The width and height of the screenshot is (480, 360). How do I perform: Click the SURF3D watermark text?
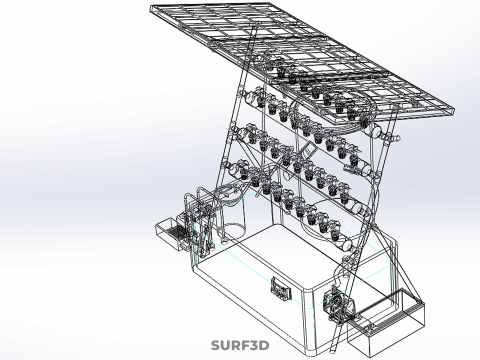240,345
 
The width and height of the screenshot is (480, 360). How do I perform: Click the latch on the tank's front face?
281,289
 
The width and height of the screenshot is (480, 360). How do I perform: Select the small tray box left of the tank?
171,232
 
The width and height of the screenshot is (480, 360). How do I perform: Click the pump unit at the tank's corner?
337,303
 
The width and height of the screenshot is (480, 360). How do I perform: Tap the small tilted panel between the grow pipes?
309,150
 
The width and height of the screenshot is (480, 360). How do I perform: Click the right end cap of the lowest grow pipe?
347,245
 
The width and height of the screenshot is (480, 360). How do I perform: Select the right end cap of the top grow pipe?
377,131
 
